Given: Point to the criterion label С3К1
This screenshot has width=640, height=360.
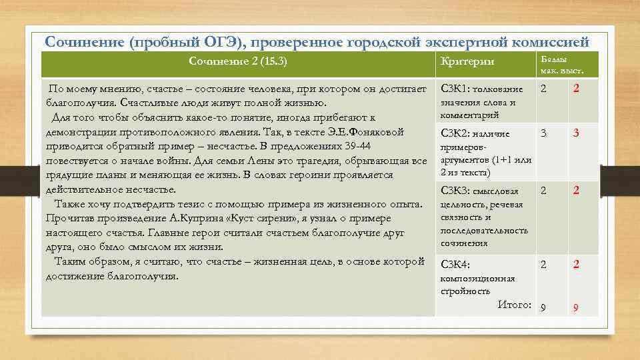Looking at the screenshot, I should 455,89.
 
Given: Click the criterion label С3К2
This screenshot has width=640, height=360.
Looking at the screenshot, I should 455,133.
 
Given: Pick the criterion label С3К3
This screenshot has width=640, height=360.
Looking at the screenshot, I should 455,191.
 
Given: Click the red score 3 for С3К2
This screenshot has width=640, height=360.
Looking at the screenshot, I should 576,133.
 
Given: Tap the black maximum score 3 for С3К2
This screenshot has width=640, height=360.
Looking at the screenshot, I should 543,133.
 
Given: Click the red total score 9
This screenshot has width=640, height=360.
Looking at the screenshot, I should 576,307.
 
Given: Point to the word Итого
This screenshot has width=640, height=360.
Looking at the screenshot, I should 514,305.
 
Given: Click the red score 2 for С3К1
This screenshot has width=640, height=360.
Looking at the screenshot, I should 576,89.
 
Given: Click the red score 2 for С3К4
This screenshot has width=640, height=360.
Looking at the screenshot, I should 576,265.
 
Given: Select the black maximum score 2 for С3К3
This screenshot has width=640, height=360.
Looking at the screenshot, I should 543,191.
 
